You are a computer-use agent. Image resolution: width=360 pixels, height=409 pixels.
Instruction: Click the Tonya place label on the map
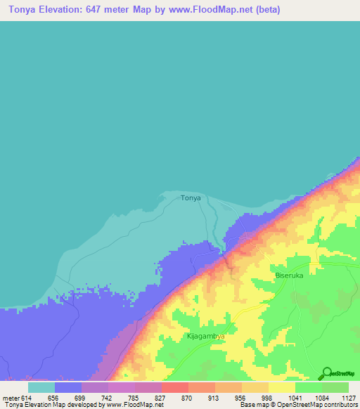tap(191, 198)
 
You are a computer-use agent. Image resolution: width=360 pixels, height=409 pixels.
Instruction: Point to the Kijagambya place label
tap(205, 337)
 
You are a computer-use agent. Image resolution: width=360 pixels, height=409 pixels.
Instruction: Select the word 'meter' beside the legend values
tap(12, 398)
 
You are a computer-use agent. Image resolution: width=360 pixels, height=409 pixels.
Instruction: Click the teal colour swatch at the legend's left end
tap(41, 387)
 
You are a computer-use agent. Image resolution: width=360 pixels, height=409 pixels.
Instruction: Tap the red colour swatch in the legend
tap(175, 387)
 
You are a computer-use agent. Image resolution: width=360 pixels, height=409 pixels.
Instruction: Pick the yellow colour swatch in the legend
tap(282, 387)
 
